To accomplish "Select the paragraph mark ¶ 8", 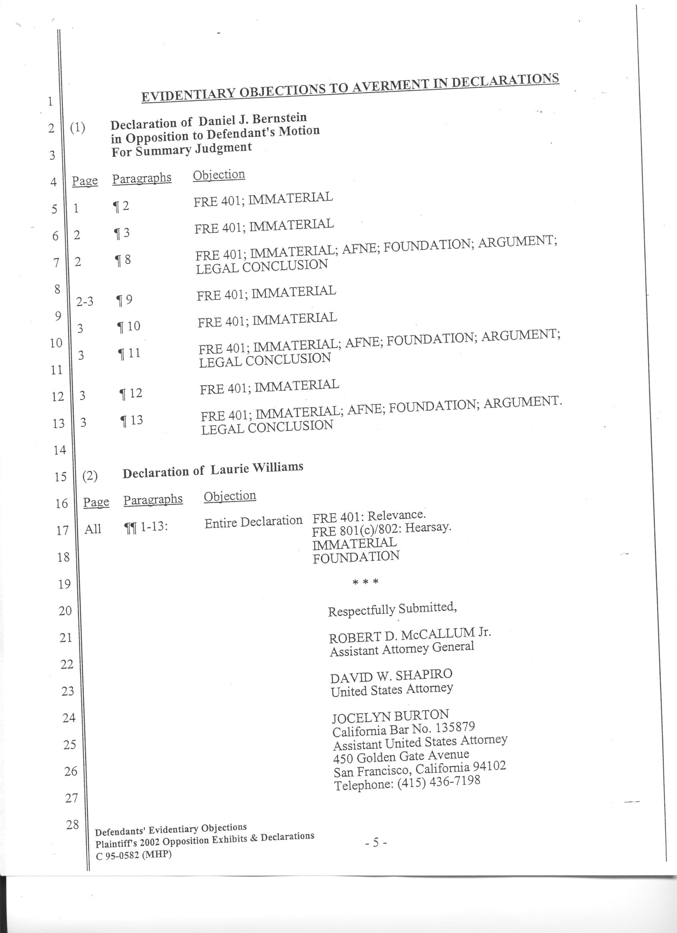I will (x=122, y=260).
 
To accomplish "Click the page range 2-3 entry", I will (x=85, y=302).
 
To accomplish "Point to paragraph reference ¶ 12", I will (x=131, y=394).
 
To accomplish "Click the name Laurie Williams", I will (x=257, y=469).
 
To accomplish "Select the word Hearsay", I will (x=428, y=528).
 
